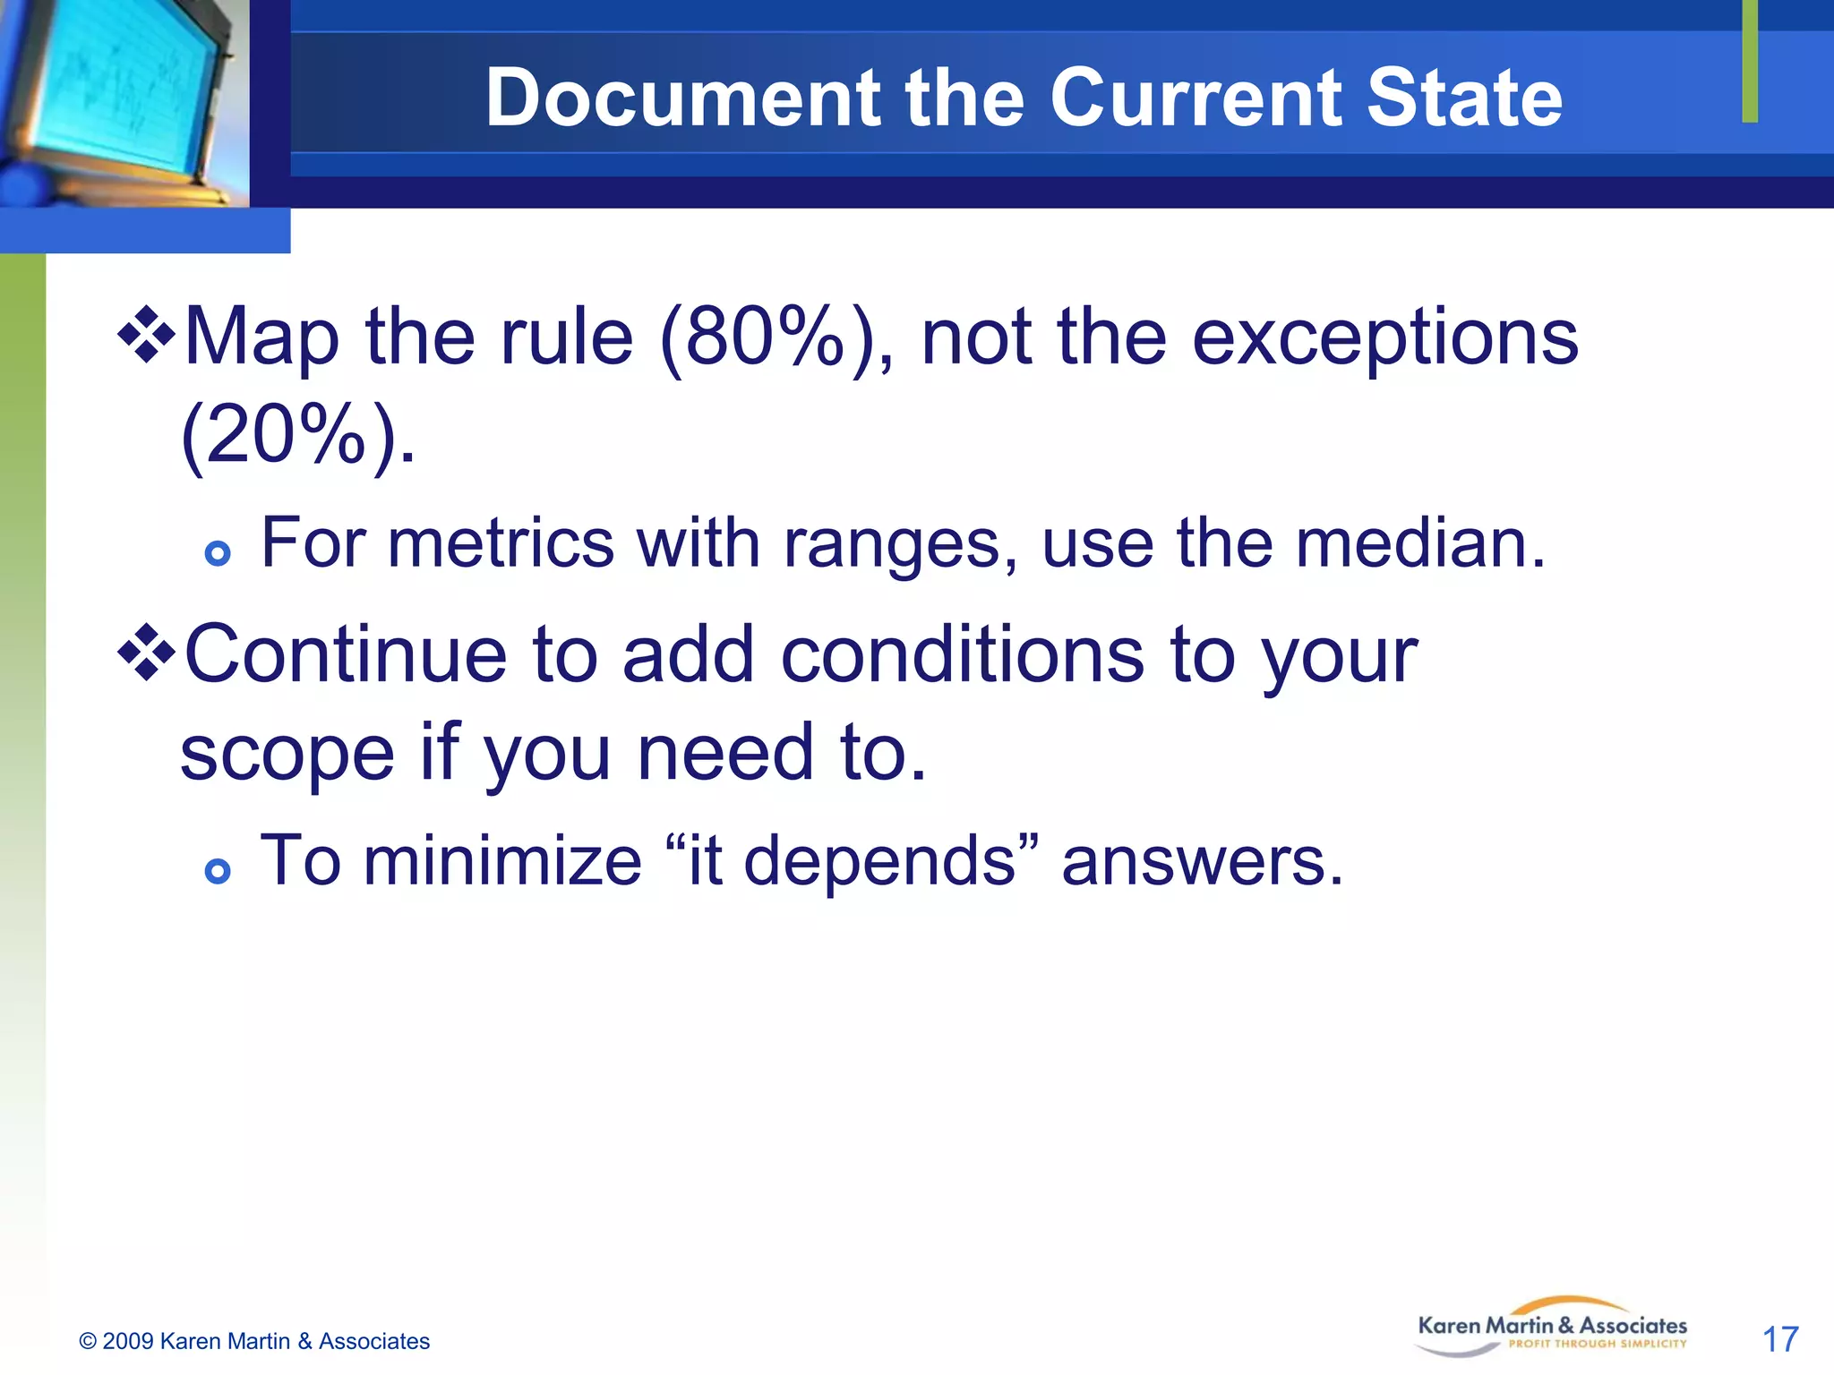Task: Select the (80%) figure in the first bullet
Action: coord(776,338)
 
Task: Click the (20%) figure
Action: coord(298,436)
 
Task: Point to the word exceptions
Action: coord(1385,338)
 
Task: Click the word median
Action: coord(1421,543)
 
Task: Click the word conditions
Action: coord(963,654)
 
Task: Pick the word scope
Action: coord(287,753)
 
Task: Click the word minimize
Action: coord(502,861)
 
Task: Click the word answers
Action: coord(1203,861)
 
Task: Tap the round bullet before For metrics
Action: coord(218,553)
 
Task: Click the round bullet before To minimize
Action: coord(218,870)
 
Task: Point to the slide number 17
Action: coord(1779,1339)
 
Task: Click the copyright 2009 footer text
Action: coord(255,1341)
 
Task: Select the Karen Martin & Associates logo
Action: coord(1552,1328)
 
